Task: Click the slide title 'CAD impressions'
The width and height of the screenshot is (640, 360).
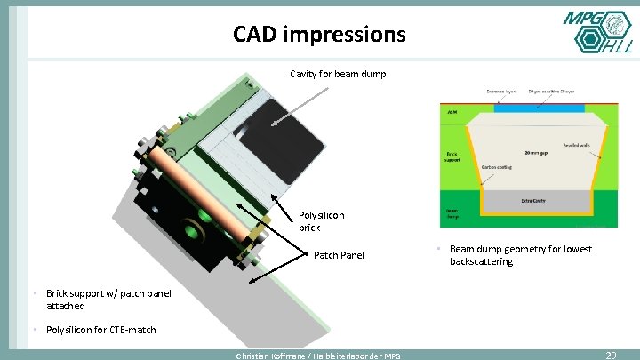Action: pos(319,35)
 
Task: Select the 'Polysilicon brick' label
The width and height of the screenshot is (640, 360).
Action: pos(321,221)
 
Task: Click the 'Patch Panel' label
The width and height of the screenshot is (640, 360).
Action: pos(339,255)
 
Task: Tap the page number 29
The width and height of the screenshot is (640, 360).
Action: pos(611,355)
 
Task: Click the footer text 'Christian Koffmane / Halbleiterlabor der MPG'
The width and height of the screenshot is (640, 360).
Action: pos(317,356)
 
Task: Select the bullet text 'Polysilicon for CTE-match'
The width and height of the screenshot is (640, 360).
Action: pos(100,330)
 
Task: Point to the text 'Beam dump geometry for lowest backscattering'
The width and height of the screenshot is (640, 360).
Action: pos(520,255)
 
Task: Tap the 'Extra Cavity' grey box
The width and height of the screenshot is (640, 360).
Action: pos(533,201)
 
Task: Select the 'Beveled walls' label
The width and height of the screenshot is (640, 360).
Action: pos(576,144)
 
